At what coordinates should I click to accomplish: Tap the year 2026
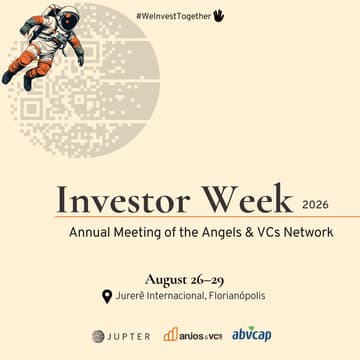314,203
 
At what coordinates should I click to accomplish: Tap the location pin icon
107,296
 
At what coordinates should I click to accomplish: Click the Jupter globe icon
99,336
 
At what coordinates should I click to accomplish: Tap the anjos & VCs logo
192,335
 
